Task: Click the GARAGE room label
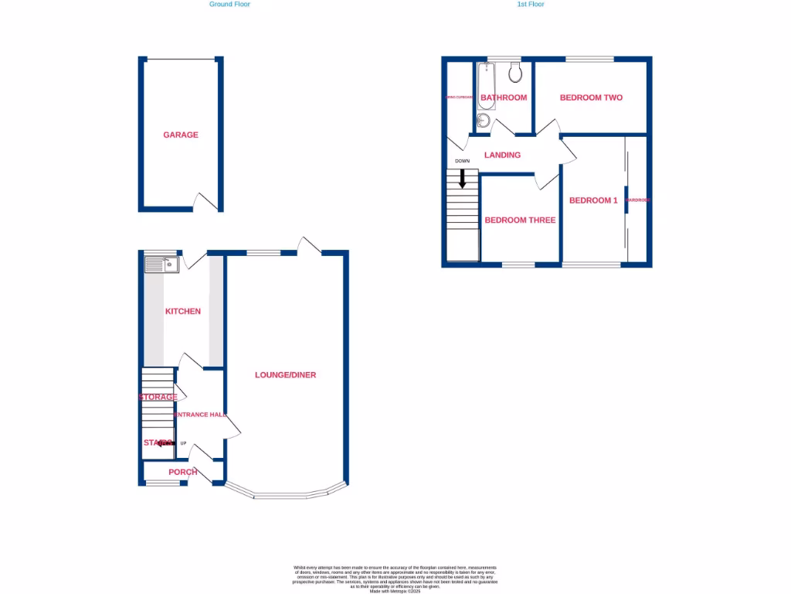(181, 135)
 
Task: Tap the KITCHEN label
(183, 311)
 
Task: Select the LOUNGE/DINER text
(286, 375)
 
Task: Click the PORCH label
(183, 472)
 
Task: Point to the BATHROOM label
(504, 97)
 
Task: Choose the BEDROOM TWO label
(591, 97)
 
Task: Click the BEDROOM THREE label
(520, 220)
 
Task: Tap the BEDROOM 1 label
(593, 200)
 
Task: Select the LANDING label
(502, 155)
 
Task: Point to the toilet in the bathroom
(515, 73)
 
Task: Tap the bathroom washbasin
(484, 120)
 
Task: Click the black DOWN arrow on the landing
(462, 179)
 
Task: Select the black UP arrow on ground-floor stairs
(163, 443)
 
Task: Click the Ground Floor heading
(229, 4)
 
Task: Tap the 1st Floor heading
(531, 4)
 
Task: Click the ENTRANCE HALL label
(200, 415)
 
